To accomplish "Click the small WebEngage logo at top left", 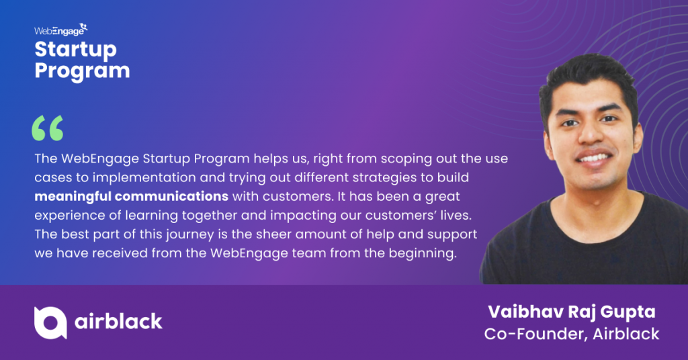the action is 61,30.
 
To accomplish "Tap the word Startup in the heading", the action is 75,50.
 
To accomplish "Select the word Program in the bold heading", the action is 82,71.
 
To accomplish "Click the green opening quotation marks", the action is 48,128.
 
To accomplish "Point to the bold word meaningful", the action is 73,196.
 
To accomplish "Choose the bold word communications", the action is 171,196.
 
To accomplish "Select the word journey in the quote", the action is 189,234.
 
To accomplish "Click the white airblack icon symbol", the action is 50,323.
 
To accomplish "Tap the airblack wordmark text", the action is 118,322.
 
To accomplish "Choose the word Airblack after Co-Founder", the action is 626,334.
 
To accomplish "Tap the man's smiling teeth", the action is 594,157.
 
